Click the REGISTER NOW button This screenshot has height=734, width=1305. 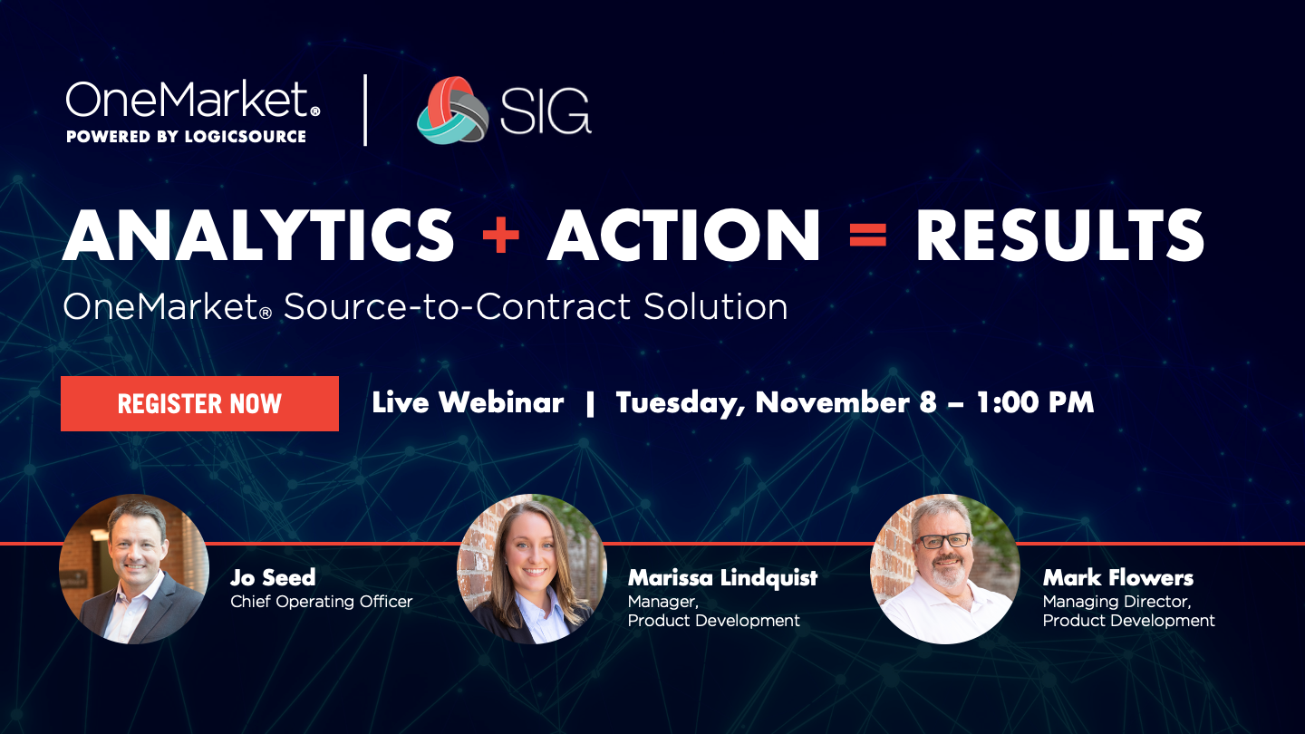(x=199, y=404)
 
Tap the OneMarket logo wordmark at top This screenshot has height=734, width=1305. (x=192, y=100)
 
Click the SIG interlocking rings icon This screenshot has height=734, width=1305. (x=452, y=111)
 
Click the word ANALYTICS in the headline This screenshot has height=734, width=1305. (x=258, y=235)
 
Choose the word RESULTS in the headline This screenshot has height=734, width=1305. (x=1059, y=235)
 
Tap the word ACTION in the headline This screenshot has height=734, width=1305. (x=683, y=235)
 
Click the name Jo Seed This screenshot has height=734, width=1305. (x=273, y=577)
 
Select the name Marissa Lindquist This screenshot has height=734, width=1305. (x=722, y=578)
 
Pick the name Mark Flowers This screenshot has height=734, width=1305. (x=1118, y=578)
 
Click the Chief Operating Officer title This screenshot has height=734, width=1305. (x=321, y=601)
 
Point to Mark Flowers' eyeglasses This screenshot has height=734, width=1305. (x=944, y=541)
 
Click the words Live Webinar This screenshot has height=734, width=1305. (x=468, y=402)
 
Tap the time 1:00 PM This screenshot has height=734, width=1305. (x=1035, y=402)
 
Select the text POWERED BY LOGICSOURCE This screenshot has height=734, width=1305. (x=186, y=136)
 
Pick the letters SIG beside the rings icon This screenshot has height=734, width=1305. (x=546, y=111)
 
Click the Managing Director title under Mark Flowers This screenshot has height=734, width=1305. (x=1116, y=602)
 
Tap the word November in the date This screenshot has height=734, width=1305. (x=833, y=402)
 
